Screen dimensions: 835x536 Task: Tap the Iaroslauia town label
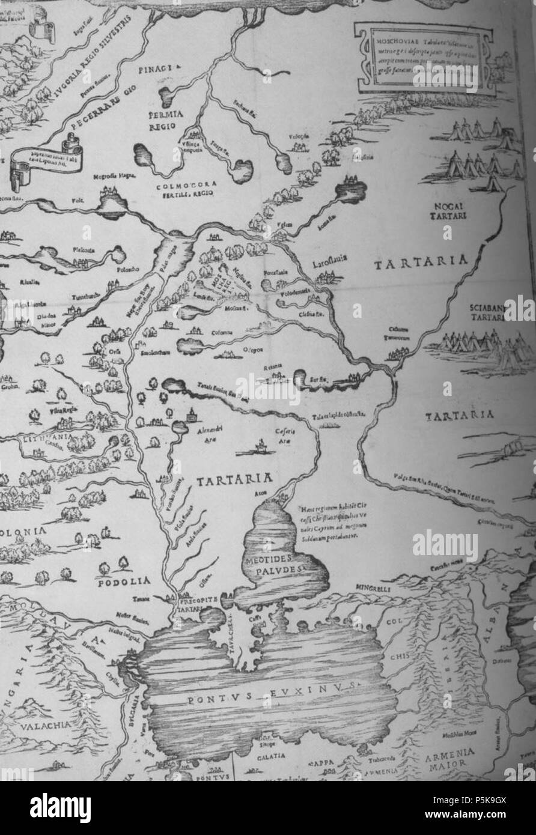[x=330, y=263]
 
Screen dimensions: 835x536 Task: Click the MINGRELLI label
[x=373, y=590]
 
